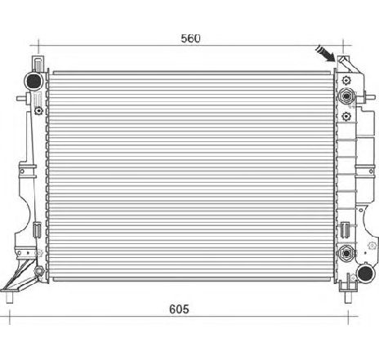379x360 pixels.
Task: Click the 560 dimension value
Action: coord(190,38)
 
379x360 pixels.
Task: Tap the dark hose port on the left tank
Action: coord(34,81)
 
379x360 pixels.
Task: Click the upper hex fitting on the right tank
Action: coord(347,97)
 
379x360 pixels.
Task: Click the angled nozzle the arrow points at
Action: coord(344,63)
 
